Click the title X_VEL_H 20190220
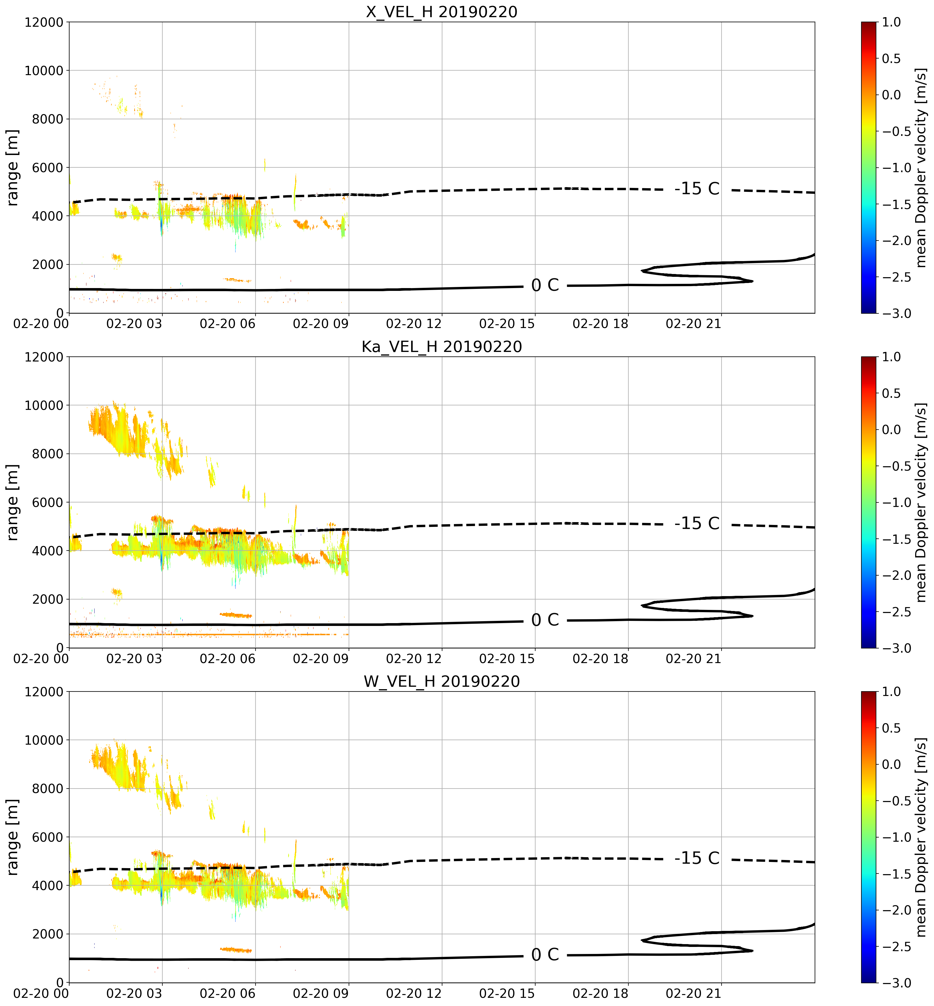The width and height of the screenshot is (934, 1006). tap(442, 12)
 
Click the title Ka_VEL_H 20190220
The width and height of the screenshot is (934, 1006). tap(442, 347)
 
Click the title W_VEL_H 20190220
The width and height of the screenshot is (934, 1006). tap(442, 682)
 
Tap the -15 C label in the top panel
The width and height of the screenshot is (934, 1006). tap(697, 188)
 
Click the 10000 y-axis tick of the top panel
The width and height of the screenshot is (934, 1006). tap(44, 71)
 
